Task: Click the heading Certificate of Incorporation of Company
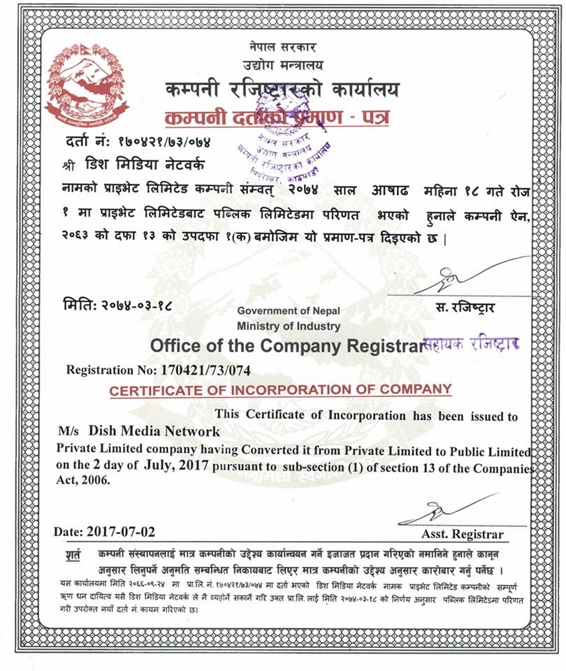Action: coord(280,390)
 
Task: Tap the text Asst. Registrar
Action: coord(463,535)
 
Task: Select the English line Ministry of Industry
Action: coord(289,326)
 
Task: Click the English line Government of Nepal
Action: coord(289,311)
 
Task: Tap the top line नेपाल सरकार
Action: coord(282,48)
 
